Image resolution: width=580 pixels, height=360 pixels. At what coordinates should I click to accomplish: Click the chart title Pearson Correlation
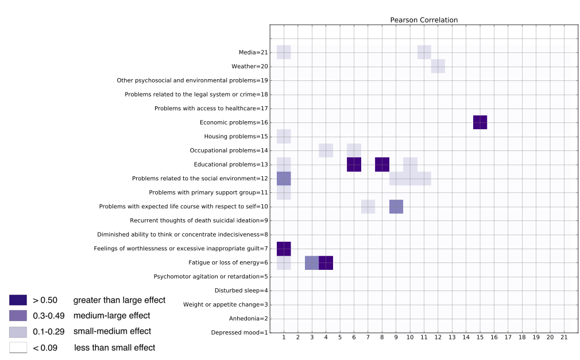point(424,20)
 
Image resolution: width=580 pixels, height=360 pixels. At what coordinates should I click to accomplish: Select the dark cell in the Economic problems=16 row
point(480,122)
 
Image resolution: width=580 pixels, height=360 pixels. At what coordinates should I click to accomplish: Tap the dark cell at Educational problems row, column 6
point(354,164)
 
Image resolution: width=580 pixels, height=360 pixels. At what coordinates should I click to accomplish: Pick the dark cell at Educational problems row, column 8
point(382,164)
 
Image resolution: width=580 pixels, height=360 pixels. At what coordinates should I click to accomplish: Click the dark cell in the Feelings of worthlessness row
point(284,249)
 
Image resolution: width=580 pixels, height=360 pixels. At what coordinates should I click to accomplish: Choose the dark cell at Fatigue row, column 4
point(326,263)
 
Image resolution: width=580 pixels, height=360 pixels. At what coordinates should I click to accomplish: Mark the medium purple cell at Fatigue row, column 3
point(312,263)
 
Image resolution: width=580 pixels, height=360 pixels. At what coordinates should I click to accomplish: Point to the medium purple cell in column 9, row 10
point(396,207)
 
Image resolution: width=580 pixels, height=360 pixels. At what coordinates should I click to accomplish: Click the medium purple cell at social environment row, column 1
point(284,179)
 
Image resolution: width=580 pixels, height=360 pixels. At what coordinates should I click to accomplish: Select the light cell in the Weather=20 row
point(438,66)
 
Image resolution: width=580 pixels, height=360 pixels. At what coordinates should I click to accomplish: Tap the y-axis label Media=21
point(253,53)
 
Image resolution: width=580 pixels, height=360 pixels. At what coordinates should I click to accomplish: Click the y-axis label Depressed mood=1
point(239,332)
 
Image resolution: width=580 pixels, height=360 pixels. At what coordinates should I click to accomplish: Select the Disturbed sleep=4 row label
point(241,291)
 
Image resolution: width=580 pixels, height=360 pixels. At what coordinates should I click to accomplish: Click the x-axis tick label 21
point(563,338)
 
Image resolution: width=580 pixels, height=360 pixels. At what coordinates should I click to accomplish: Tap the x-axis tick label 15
point(480,338)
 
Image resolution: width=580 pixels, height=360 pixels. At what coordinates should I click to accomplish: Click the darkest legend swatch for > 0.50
point(18,300)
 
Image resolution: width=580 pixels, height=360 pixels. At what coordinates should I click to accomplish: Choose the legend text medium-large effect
point(111,315)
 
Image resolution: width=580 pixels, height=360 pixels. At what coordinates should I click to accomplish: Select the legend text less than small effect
point(114,347)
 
